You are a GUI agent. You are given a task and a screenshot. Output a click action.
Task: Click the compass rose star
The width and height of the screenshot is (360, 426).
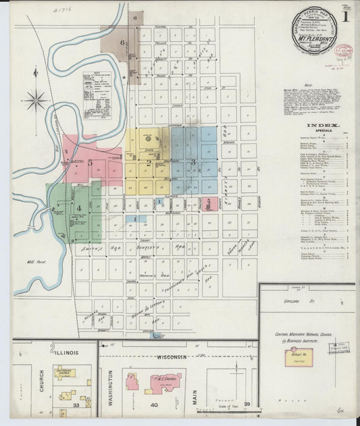[36, 101]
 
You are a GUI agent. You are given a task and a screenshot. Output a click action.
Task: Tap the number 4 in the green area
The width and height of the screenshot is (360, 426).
[78, 208]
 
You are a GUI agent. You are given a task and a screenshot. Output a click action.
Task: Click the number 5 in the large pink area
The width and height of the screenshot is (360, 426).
[89, 162]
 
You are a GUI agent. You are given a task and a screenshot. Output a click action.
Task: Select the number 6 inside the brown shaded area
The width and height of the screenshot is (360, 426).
[123, 42]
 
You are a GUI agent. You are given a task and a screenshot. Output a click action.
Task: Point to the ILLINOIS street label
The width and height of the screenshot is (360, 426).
[66, 352]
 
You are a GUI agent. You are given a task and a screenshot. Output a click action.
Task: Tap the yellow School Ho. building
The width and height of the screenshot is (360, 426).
[298, 357]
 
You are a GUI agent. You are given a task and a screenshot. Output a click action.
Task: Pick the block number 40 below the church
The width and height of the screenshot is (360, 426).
[154, 405]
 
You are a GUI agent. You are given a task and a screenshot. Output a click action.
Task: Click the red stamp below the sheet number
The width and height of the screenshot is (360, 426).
[344, 51]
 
